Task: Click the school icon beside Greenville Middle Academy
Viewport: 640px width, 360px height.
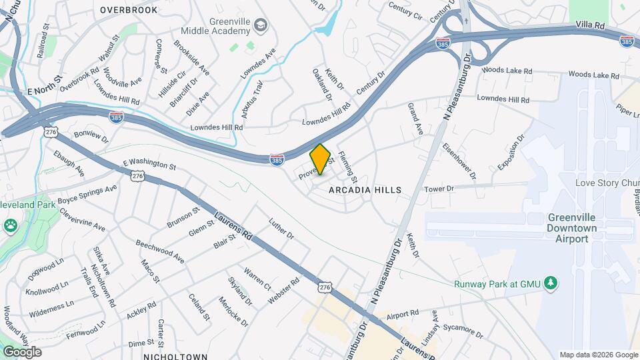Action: (261, 27)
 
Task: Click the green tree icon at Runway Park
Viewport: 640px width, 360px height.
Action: (551, 283)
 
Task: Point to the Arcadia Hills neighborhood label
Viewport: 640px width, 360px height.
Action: (365, 190)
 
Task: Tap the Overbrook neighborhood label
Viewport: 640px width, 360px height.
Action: (129, 10)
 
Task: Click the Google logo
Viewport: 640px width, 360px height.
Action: (22, 352)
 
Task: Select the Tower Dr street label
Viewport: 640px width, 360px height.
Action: (439, 189)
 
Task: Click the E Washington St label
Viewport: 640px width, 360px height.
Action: (149, 165)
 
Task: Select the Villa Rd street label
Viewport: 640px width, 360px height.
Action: (591, 25)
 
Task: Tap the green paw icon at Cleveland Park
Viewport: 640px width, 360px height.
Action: (10, 227)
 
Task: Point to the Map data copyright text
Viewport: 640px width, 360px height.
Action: (599, 355)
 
